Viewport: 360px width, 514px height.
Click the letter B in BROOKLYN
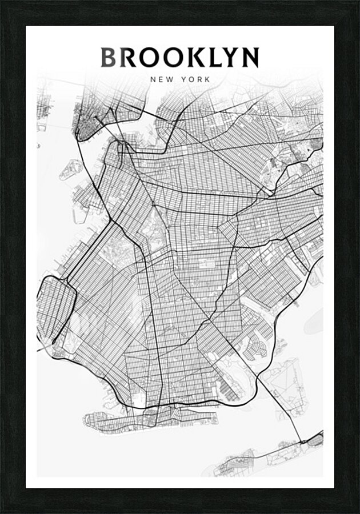pyautogui.click(x=109, y=58)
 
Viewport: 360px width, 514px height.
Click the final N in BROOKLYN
pyautogui.click(x=250, y=58)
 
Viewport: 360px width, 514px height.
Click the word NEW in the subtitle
pyautogui.click(x=161, y=79)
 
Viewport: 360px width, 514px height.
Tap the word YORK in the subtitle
pyautogui.click(x=196, y=79)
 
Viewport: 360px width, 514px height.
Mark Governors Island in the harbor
pyautogui.click(x=73, y=168)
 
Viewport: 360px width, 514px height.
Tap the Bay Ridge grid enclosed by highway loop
pyautogui.click(x=55, y=309)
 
